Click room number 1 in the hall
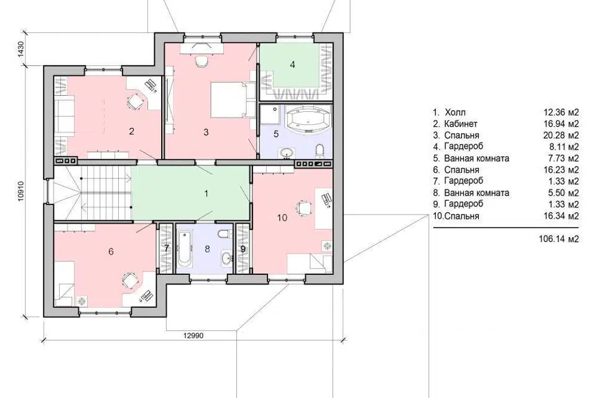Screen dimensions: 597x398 coord(206,193)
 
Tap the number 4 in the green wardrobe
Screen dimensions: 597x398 coord(292,65)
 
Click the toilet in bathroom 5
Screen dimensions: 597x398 coord(320,150)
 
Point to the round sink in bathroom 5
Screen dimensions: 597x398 coord(286,153)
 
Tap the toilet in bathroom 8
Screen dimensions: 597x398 coord(223,233)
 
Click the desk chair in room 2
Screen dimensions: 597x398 coord(134,101)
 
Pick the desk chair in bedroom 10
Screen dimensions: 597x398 coord(303,208)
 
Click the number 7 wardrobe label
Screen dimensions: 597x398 coord(167,248)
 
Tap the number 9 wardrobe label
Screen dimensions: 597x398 coord(243,249)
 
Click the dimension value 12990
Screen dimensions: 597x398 coord(193,336)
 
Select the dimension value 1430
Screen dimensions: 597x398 coord(21,49)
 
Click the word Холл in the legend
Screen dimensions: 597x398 coord(455,113)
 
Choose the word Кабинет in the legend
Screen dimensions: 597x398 coord(461,124)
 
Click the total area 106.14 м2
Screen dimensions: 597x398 coord(559,239)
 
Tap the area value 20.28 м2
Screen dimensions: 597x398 coord(561,135)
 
